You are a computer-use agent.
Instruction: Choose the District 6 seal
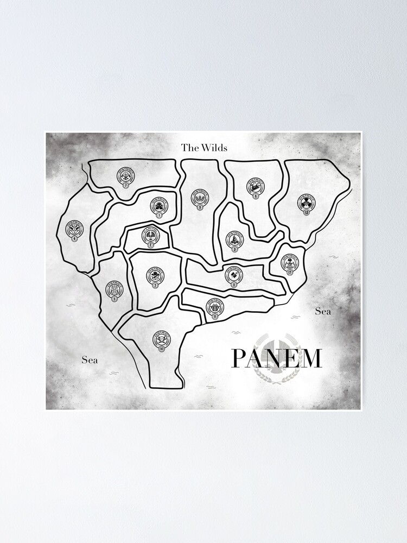[x=256, y=186]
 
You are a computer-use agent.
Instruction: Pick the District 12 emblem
[x=290, y=263]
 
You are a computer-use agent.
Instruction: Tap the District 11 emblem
[x=215, y=307]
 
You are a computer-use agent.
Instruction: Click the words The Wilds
[x=204, y=147]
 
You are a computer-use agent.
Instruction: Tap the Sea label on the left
[x=90, y=359]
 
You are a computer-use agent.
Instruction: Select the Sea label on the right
[x=323, y=311]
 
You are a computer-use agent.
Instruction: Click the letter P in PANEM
[x=240, y=359]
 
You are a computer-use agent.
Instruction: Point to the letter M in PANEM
[x=310, y=359]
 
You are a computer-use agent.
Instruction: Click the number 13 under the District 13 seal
[x=306, y=212]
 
